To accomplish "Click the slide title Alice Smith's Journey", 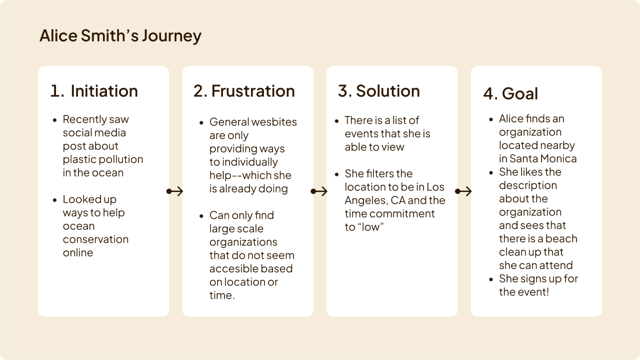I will (x=120, y=36).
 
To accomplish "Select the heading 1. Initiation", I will (x=94, y=91).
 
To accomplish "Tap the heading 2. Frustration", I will (x=244, y=91).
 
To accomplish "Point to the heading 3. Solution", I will (x=379, y=91).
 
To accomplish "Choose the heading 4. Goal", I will (x=510, y=93).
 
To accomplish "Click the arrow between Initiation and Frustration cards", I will (x=175, y=191).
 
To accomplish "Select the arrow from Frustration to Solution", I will (x=319, y=191).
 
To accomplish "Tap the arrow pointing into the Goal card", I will (x=463, y=191).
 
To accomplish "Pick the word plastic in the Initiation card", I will (x=79, y=159).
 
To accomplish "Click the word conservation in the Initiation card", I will (x=95, y=239).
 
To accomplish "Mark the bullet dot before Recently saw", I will (x=54, y=120).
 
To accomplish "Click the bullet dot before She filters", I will (x=337, y=174).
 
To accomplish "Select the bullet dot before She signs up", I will (x=491, y=279).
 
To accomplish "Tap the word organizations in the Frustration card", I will (x=243, y=242).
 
